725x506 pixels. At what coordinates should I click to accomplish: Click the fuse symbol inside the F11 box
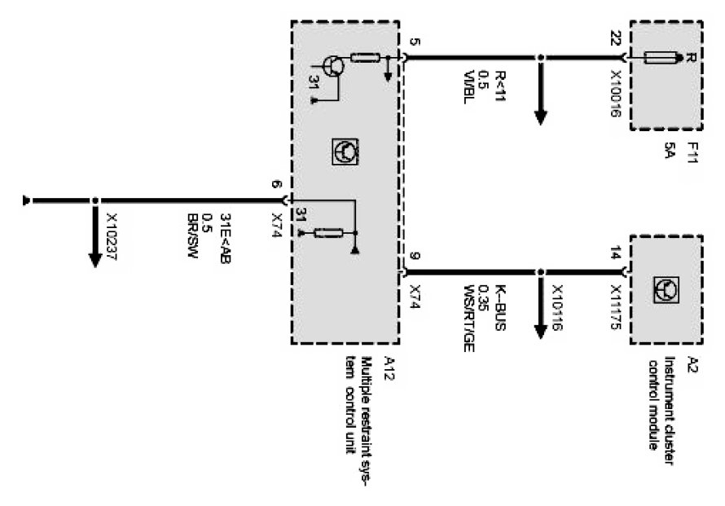coord(662,57)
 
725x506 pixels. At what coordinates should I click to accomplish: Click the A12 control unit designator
coord(389,363)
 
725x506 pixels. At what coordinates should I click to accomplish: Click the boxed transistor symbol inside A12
coord(345,151)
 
